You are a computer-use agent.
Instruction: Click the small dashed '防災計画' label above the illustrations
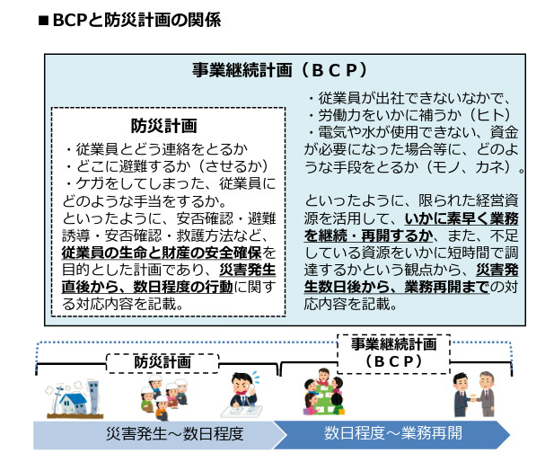tap(163, 361)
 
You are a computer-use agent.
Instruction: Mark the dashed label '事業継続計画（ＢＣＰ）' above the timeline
tap(392, 351)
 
